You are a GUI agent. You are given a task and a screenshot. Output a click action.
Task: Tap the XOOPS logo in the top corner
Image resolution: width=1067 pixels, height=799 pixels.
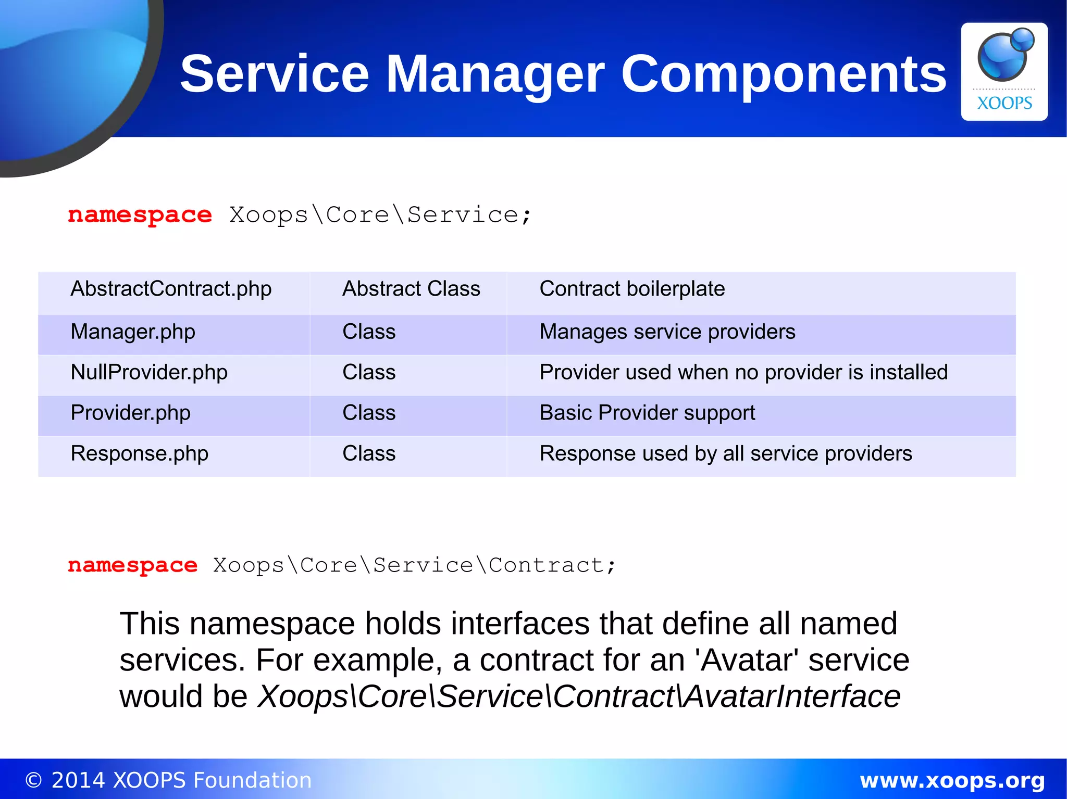(x=1004, y=72)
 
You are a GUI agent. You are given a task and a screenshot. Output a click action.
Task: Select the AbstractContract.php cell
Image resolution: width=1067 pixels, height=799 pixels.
(x=171, y=289)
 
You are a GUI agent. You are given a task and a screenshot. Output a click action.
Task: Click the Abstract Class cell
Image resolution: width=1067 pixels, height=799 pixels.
(x=411, y=289)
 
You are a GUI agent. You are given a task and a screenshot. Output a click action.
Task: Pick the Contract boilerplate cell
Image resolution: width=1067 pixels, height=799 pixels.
(x=632, y=289)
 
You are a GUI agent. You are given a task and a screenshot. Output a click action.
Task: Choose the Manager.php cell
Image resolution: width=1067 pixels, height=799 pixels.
(x=133, y=332)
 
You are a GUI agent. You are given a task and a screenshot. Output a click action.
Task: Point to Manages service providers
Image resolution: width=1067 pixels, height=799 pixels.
(x=667, y=332)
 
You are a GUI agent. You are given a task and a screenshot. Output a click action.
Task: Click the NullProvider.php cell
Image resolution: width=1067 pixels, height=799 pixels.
(x=149, y=373)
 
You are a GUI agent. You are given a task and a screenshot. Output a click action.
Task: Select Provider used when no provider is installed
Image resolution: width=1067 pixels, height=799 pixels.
(x=743, y=373)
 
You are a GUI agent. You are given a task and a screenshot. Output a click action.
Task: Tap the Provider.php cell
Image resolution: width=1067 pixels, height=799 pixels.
(x=130, y=413)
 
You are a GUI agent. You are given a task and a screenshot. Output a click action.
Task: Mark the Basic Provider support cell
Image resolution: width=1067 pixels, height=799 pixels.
(x=647, y=413)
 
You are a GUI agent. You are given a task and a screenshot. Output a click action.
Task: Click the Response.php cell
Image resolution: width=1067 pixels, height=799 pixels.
(x=139, y=454)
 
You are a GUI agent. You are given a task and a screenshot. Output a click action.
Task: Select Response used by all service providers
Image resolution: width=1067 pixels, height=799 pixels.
(x=725, y=454)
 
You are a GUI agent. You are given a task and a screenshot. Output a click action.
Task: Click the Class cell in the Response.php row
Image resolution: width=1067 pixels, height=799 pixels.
(x=369, y=454)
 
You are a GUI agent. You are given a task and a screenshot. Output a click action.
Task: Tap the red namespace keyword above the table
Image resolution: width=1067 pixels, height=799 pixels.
(x=140, y=215)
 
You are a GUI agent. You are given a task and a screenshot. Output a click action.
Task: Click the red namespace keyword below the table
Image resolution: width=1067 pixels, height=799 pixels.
(x=132, y=565)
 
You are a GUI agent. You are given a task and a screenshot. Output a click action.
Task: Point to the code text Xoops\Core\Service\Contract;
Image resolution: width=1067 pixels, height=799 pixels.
(x=414, y=565)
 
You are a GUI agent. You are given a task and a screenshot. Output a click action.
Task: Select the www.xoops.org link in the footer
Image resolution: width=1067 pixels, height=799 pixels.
(x=952, y=780)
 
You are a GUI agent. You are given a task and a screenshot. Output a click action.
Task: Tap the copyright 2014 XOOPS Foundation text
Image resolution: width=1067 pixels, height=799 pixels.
(x=168, y=780)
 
